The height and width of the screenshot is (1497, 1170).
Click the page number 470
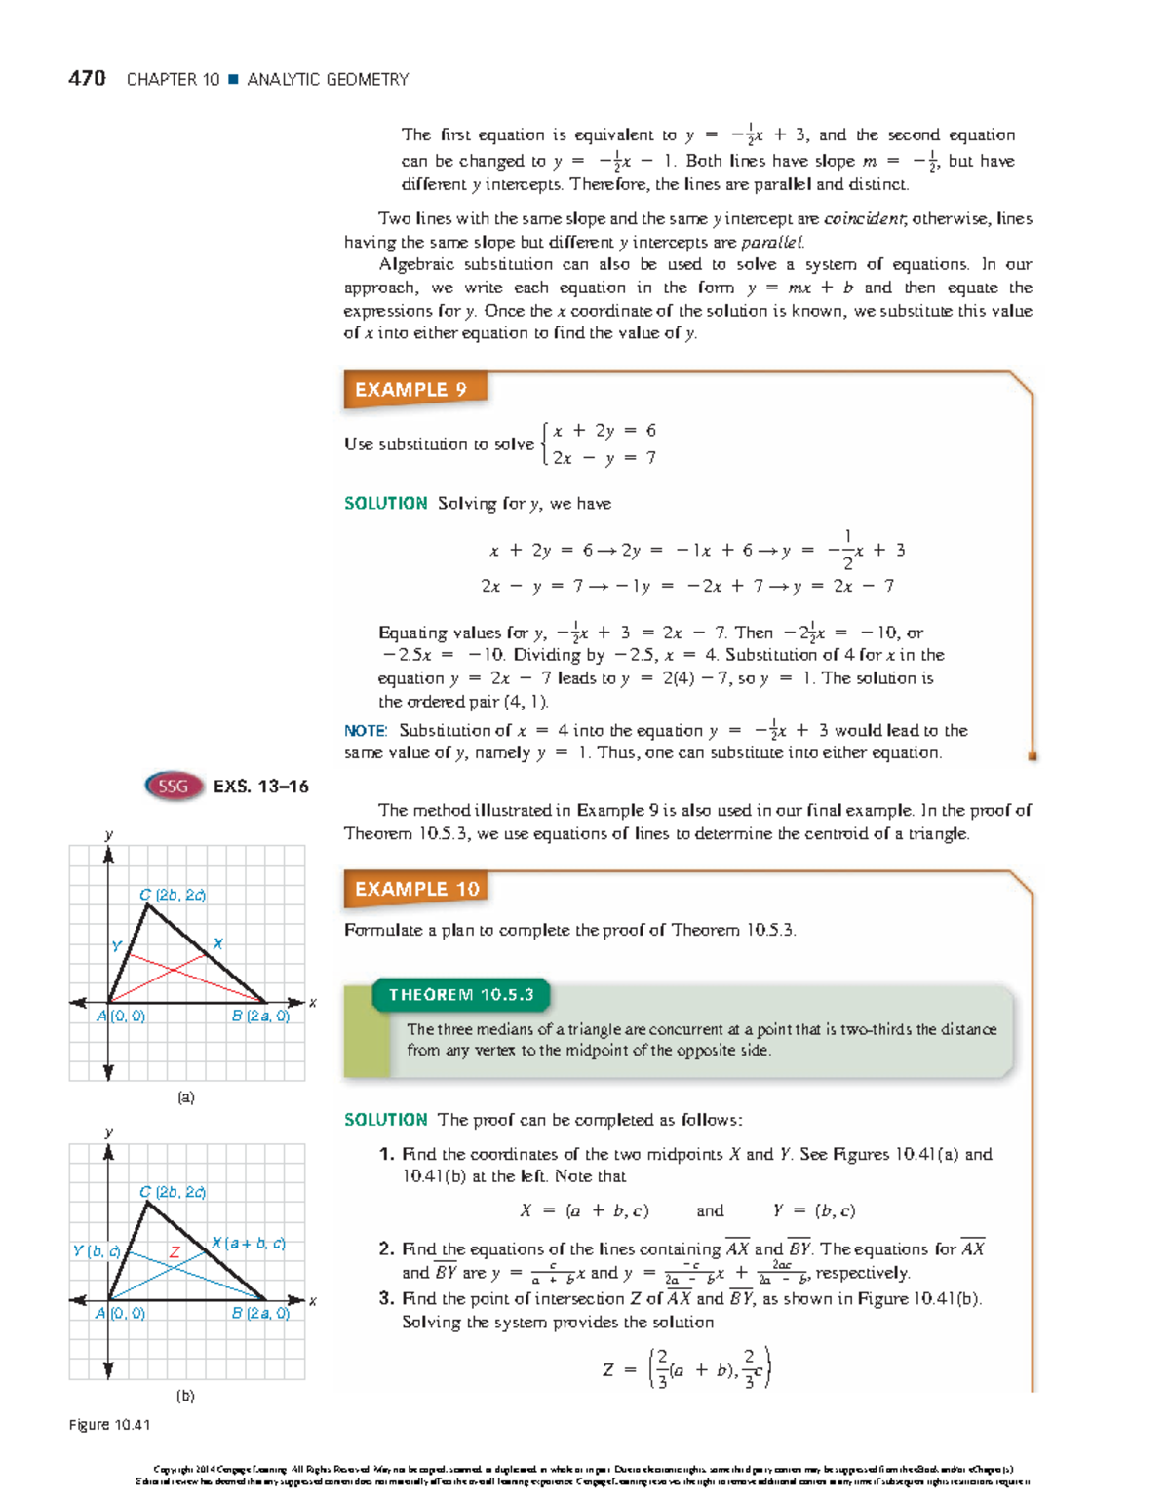click(87, 79)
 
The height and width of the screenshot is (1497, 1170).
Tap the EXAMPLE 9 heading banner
click(410, 390)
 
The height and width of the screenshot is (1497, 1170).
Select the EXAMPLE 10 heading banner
click(416, 889)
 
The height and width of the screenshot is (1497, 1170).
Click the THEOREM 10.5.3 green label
click(461, 995)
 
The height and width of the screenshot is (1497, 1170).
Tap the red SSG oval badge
click(174, 786)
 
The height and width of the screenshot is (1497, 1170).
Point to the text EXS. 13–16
click(261, 787)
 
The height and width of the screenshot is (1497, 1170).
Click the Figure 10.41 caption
click(109, 1424)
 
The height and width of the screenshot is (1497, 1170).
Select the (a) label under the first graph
click(185, 1096)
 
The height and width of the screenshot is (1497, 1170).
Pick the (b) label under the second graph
click(185, 1395)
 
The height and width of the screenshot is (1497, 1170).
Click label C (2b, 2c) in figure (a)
click(173, 895)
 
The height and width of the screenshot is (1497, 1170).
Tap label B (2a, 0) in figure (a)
click(260, 1016)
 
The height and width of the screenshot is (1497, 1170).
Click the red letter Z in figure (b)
click(175, 1251)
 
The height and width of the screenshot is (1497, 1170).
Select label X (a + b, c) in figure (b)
click(249, 1243)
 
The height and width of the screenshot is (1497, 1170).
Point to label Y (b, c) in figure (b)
click(97, 1250)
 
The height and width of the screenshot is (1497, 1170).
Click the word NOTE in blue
click(366, 730)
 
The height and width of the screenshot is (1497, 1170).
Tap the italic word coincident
click(864, 219)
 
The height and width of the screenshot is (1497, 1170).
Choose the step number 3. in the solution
click(386, 1298)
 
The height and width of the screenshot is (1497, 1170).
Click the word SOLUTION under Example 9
click(386, 503)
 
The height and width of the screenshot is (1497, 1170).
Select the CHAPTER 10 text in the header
click(173, 80)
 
